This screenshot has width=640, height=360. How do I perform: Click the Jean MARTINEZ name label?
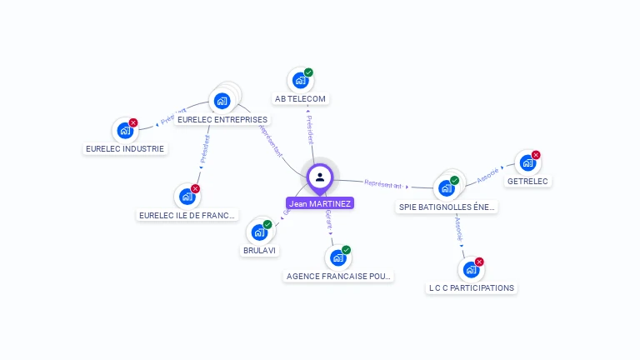click(x=320, y=202)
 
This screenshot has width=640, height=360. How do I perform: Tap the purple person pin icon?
click(x=320, y=177)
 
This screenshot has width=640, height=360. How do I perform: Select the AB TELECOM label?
click(x=301, y=98)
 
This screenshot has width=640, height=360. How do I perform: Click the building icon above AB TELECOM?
click(x=300, y=81)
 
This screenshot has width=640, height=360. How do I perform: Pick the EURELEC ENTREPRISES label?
click(x=222, y=119)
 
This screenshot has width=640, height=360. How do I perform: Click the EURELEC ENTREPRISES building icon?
click(x=222, y=101)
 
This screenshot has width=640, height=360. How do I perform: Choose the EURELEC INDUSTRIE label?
click(x=126, y=148)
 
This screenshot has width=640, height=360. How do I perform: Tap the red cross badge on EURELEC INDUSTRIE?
click(x=133, y=122)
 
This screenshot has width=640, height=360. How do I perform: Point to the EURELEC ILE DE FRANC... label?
click(x=187, y=214)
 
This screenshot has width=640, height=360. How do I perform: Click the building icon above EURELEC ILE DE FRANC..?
click(x=187, y=197)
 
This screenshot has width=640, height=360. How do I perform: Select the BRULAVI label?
click(x=260, y=250)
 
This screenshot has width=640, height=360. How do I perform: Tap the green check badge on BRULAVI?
click(x=267, y=224)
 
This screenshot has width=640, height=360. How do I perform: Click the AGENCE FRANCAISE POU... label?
click(x=337, y=276)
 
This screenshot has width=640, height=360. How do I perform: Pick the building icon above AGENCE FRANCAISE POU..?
click(x=337, y=258)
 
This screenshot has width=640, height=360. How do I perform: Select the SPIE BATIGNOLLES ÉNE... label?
click(x=447, y=207)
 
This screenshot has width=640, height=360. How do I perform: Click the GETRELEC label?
click(x=528, y=181)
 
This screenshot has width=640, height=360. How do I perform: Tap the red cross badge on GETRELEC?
click(x=536, y=155)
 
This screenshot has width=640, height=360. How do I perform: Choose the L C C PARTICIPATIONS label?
click(x=472, y=287)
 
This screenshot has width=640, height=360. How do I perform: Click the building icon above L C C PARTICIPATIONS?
click(x=471, y=270)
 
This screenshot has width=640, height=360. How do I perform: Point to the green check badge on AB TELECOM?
click(x=308, y=72)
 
